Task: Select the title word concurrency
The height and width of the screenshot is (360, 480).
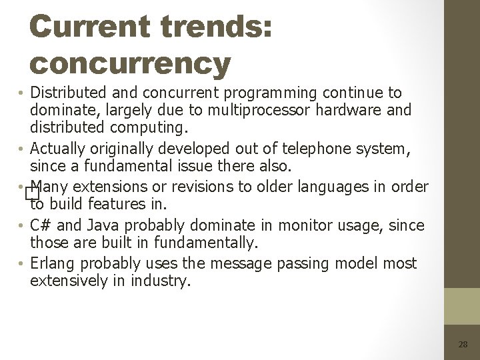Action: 130,63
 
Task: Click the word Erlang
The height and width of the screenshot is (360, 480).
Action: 50,264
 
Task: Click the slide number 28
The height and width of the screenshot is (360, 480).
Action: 463,345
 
